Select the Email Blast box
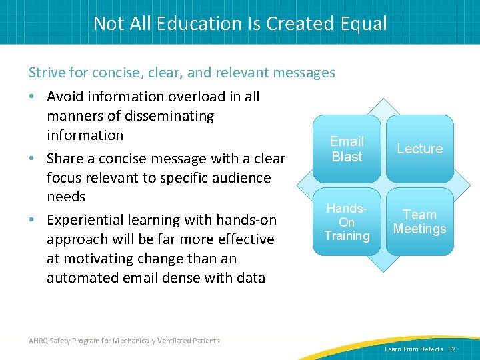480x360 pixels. coord(347,149)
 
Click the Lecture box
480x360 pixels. coord(419,149)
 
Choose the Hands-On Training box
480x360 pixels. coord(347,222)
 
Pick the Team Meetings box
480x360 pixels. coord(419,222)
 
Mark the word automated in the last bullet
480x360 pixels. coord(81,277)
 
